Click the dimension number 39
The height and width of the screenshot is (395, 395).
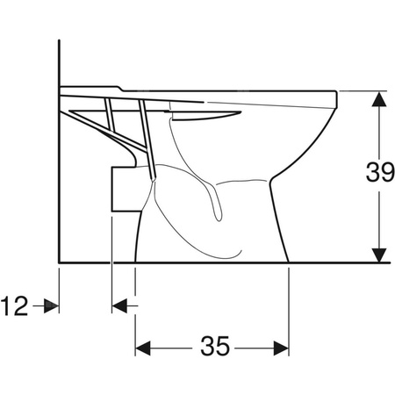(x=380, y=172)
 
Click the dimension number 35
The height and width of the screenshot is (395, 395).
(x=215, y=346)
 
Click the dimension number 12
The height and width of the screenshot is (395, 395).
(x=14, y=305)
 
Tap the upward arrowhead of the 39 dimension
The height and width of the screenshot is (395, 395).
(x=379, y=98)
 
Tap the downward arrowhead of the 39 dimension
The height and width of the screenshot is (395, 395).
(x=379, y=255)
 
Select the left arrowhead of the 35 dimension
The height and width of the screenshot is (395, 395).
(x=143, y=348)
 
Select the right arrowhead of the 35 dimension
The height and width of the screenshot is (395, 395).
(x=281, y=348)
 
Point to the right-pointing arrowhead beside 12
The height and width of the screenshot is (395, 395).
(x=52, y=305)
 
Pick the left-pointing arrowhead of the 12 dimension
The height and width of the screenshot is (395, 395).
(x=119, y=305)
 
